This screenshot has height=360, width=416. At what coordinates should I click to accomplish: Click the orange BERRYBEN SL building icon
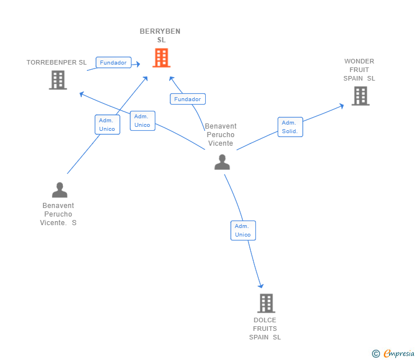161,58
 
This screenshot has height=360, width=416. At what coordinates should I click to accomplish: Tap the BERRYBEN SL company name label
160,35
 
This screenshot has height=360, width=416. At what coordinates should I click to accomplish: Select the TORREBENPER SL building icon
58,80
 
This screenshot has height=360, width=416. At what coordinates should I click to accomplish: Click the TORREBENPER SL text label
57,62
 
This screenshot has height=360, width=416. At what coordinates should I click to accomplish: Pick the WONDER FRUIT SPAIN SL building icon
361,96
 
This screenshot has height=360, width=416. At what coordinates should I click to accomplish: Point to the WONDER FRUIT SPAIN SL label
359,70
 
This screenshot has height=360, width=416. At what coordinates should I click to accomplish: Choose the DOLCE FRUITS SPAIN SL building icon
266,303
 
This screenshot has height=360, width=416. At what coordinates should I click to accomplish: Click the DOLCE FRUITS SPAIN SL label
265,329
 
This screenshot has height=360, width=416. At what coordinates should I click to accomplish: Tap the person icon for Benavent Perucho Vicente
222,162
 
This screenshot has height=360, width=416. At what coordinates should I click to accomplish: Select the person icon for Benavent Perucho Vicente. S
59,190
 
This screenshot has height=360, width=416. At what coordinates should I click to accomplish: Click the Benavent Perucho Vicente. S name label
58,214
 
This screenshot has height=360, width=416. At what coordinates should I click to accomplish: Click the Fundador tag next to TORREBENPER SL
113,62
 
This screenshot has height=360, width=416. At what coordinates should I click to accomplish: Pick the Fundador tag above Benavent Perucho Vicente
187,99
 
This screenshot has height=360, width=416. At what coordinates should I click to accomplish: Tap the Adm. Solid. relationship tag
290,127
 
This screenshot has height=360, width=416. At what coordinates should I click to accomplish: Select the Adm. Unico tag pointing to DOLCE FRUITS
243,230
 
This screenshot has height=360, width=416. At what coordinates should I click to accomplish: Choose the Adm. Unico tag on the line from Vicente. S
107,125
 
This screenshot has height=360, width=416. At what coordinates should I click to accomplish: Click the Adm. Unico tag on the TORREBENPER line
142,121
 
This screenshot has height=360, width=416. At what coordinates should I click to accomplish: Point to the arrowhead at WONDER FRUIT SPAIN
342,106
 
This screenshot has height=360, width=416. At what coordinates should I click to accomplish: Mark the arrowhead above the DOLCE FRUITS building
261,286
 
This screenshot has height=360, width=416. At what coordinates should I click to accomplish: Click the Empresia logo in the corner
393,353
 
